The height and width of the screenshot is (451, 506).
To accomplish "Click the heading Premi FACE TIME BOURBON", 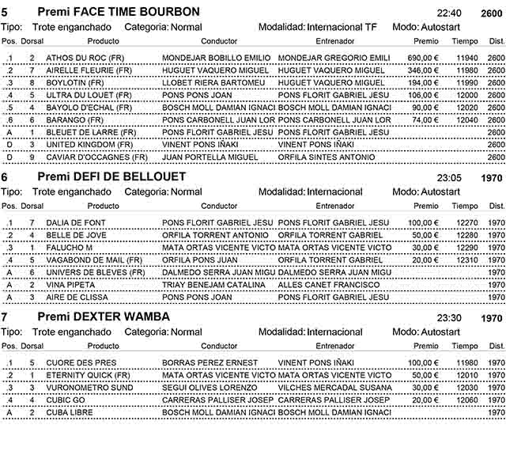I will click(119, 12).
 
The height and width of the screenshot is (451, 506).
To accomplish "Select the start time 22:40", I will click(449, 13).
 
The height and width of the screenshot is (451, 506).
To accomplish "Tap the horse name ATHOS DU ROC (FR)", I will click(84, 58).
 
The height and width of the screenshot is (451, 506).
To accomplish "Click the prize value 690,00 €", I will click(423, 58).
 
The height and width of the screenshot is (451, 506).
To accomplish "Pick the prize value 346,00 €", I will click(423, 70).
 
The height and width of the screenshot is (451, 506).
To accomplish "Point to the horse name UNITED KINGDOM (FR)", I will click(89, 145).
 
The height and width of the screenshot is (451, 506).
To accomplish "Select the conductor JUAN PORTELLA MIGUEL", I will click(210, 157).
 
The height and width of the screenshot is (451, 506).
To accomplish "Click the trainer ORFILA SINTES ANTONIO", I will click(327, 157).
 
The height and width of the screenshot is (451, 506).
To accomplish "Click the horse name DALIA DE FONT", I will click(75, 222).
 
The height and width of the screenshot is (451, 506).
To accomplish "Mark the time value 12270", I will click(466, 222).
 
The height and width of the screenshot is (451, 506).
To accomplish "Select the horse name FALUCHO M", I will click(69, 248).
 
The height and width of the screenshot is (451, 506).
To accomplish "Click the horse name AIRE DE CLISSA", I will click(76, 297).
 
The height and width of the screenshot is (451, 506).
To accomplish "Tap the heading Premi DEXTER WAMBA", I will click(104, 316).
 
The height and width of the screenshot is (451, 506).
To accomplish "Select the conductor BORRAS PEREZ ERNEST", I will click(210, 362).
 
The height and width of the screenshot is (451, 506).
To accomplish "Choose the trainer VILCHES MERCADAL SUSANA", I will click(334, 388).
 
